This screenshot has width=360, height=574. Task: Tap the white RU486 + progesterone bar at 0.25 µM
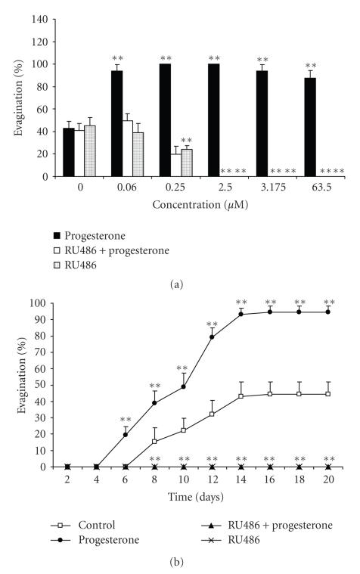[175, 165]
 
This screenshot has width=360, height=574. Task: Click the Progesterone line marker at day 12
[212, 337]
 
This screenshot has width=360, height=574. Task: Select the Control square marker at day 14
[241, 396]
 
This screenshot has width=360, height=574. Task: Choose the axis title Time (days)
[197, 496]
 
